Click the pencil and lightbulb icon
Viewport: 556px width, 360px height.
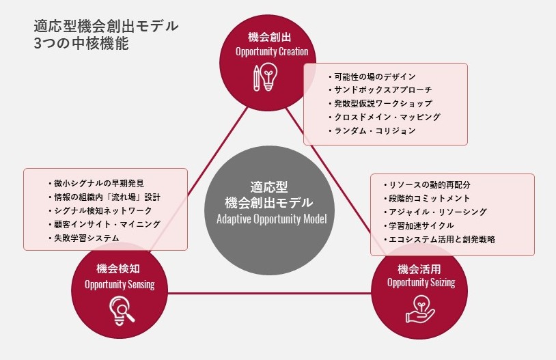click(266, 77)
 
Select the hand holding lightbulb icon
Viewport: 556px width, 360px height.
click(420, 309)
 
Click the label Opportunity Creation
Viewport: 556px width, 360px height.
click(272, 52)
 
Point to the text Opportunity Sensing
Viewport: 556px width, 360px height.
click(120, 284)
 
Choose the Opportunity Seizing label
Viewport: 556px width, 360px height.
click(421, 283)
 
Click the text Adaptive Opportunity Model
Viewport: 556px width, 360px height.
click(272, 219)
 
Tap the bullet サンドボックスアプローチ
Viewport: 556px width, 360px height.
click(380, 90)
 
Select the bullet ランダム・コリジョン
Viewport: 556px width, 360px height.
click(372, 131)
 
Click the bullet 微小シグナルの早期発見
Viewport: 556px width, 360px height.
click(96, 183)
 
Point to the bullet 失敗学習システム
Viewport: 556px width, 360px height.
click(83, 238)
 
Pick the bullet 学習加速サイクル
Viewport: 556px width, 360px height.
click(419, 225)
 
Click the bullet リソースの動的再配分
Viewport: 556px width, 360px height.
click(427, 185)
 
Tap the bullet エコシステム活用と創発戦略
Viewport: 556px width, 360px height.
click(439, 239)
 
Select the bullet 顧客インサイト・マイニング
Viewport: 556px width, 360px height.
click(105, 224)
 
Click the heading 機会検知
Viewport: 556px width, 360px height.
click(118, 268)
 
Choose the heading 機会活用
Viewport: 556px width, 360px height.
click(419, 269)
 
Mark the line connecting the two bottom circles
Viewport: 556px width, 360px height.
click(270, 293)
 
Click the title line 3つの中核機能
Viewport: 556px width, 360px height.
click(81, 43)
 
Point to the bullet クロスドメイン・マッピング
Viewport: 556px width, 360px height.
click(384, 117)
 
